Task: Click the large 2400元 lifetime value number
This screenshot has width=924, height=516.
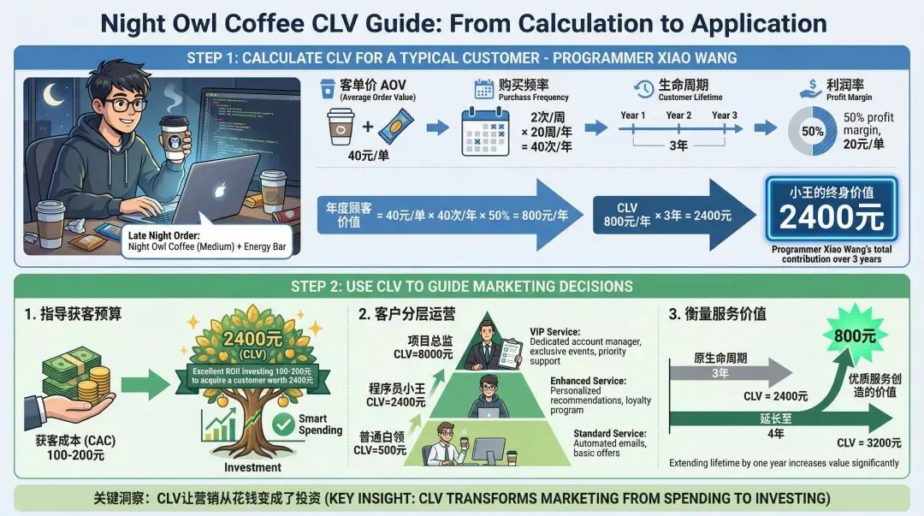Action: [831, 217]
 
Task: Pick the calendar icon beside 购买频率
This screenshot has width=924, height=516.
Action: [484, 90]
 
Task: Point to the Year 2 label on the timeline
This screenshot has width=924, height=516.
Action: [678, 116]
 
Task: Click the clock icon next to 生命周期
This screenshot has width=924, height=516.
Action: [643, 90]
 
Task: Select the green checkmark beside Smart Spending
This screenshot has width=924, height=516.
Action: [281, 424]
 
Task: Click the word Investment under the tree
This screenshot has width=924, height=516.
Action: [252, 467]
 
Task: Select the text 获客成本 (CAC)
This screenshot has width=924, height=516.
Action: [75, 440]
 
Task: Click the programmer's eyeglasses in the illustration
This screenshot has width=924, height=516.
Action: [127, 105]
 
